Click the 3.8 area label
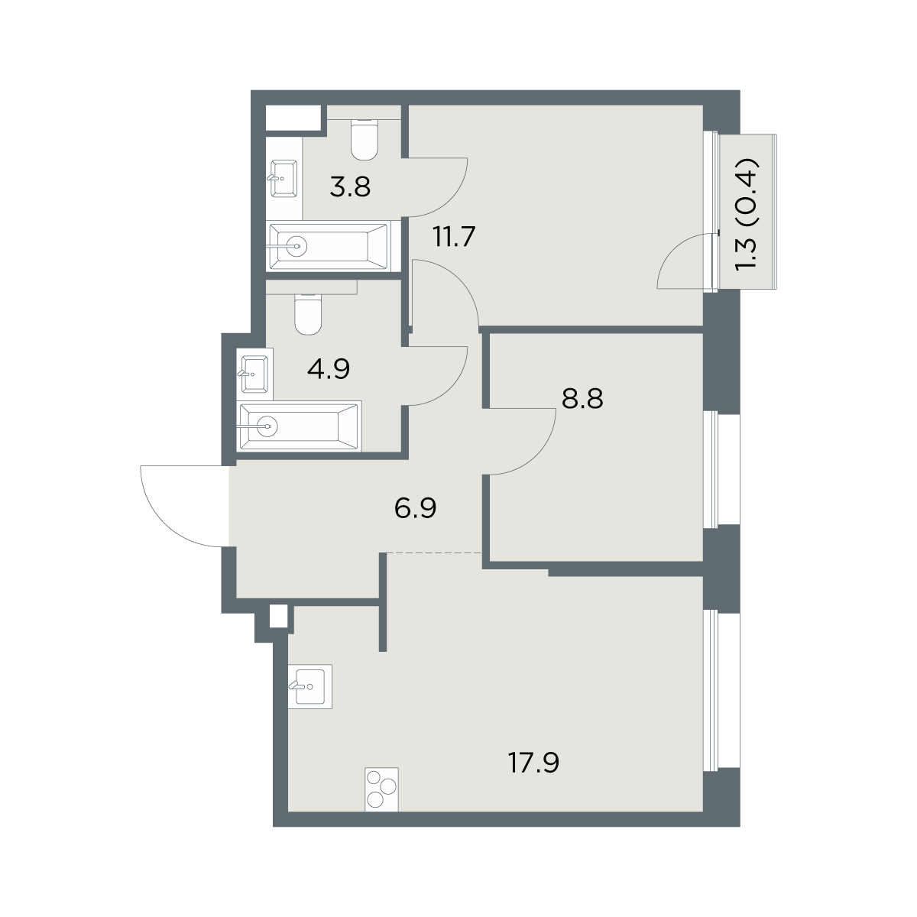350,186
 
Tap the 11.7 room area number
454,236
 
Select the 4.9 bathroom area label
329,369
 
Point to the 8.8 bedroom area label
582,399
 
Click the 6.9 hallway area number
416,508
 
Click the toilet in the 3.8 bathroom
365,139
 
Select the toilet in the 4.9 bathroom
309,315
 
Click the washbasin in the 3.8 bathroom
284,179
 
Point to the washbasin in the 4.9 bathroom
254,374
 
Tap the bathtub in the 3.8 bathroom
329,246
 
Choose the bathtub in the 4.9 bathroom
299,426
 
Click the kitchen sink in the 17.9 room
309,687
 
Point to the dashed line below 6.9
435,552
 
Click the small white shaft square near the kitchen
278,616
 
